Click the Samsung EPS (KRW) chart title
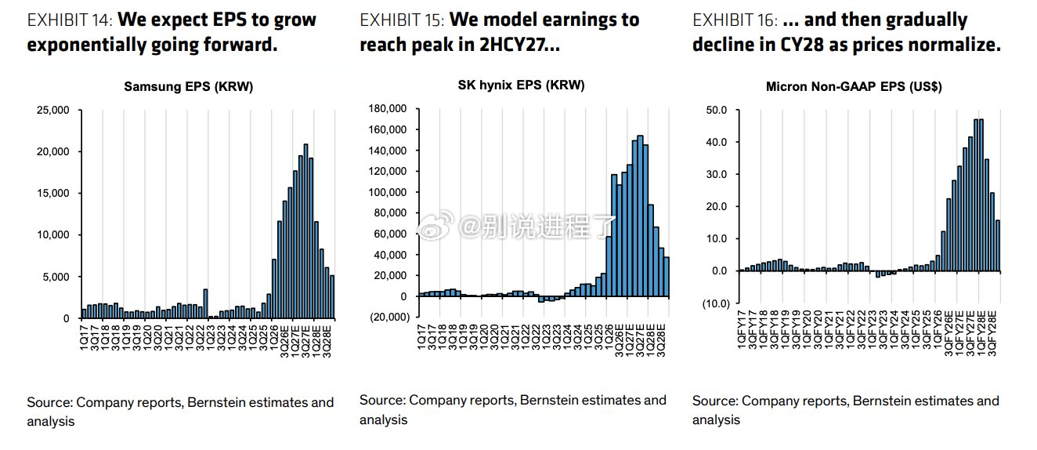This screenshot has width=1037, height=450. tap(189, 87)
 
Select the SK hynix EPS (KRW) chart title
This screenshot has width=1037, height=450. tap(522, 85)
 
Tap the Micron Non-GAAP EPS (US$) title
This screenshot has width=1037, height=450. tap(854, 87)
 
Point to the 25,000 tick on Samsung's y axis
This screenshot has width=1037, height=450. tap(52, 111)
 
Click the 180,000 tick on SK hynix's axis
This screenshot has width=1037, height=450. tap(388, 108)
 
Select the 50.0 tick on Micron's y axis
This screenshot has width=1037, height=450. tap(716, 111)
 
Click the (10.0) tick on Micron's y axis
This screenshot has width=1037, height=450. tap(716, 303)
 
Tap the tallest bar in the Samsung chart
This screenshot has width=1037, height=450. tap(305, 230)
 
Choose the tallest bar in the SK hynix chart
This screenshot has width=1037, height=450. tap(640, 216)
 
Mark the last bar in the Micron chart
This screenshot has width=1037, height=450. tap(998, 245)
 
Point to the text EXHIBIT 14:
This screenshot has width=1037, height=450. tap(70, 20)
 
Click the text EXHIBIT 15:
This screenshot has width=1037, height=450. tap(402, 20)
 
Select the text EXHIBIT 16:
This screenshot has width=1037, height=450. tap(735, 20)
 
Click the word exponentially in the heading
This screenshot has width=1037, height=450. tap(85, 45)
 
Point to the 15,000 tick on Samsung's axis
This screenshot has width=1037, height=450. tap(52, 194)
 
